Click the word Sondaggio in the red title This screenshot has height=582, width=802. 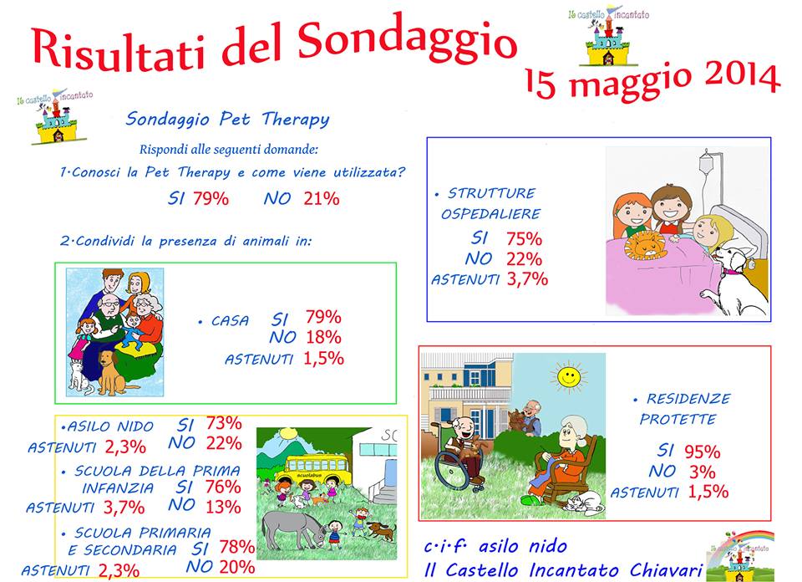(x=407, y=41)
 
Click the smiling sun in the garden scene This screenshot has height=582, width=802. (x=568, y=377)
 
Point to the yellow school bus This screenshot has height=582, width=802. (x=318, y=469)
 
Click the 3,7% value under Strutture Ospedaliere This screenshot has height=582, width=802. (x=527, y=279)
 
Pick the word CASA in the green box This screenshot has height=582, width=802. (x=231, y=321)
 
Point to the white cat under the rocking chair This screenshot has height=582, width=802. (x=584, y=503)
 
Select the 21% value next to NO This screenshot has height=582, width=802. (x=321, y=199)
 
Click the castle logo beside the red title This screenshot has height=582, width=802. (x=608, y=36)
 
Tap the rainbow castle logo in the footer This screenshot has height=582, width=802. (x=739, y=556)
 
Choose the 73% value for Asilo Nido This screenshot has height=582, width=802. (x=224, y=423)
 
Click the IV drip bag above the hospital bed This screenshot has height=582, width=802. (x=706, y=163)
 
